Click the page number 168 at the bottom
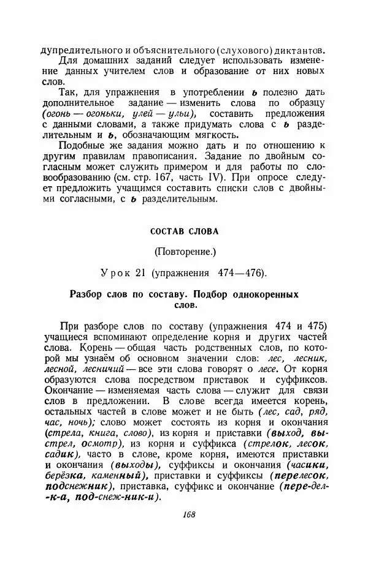(188, 514)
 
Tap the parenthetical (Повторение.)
(183, 251)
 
